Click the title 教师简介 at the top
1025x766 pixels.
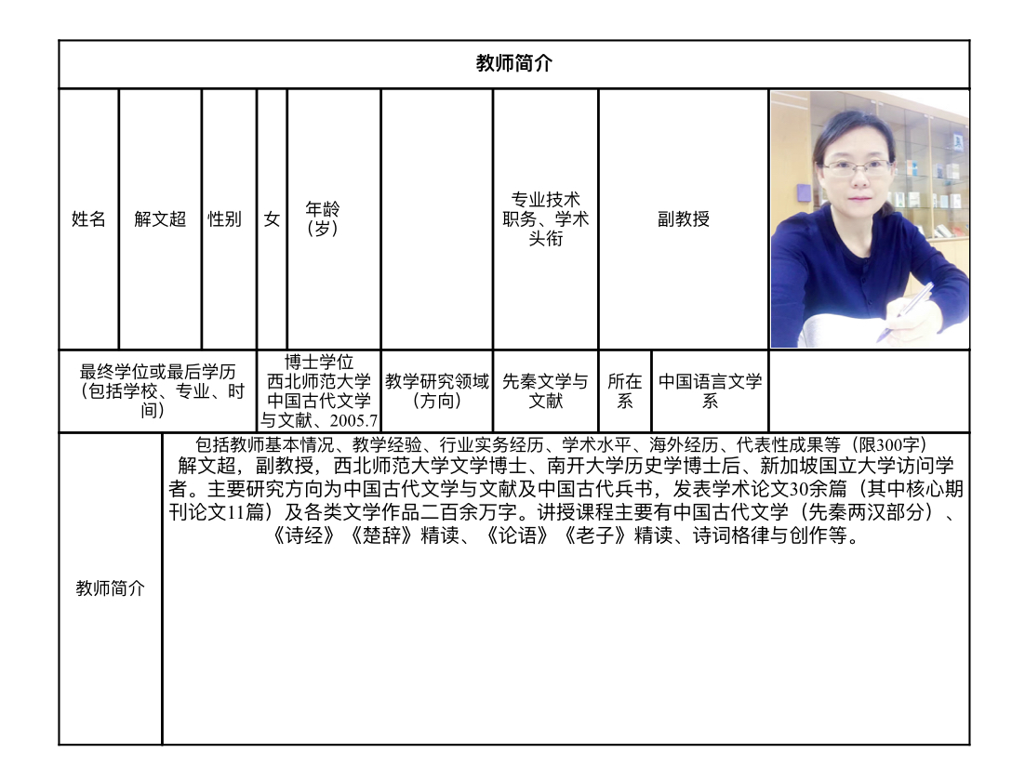point(513,63)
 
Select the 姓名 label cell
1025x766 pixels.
point(88,219)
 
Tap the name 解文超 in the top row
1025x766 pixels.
point(160,219)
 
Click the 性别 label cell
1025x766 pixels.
point(224,219)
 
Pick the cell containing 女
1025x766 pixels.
point(272,219)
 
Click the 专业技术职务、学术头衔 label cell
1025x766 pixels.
point(545,219)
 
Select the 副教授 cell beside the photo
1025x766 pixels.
point(684,219)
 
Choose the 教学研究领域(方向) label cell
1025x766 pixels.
point(437,391)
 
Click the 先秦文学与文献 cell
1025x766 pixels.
point(545,391)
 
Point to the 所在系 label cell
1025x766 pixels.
point(625,391)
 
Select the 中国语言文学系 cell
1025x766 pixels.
point(711,391)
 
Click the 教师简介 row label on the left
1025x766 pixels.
point(110,588)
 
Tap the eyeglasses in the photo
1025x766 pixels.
point(857,168)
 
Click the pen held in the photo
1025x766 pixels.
point(906,311)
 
